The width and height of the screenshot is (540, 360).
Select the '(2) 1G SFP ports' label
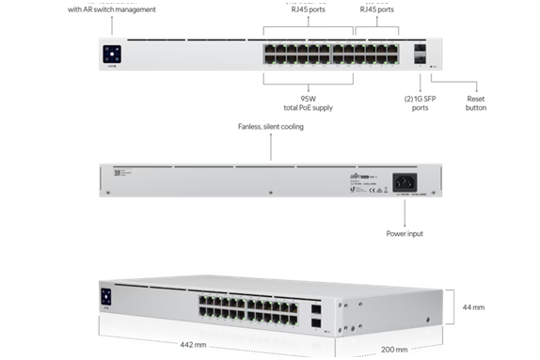(x=422, y=102)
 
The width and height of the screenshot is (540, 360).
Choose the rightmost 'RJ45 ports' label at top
(x=373, y=8)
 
